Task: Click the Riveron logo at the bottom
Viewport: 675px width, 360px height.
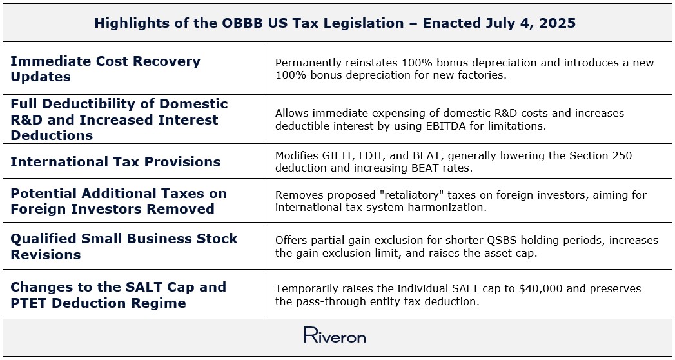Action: point(335,335)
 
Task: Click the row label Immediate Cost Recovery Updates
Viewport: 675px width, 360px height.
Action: point(106,69)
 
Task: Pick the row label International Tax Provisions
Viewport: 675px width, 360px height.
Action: point(115,162)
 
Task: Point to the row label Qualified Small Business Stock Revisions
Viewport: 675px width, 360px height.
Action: point(124,246)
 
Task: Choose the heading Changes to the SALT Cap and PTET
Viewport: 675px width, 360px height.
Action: point(118,295)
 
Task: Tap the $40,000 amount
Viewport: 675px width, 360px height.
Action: point(541,288)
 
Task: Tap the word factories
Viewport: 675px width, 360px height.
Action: point(493,75)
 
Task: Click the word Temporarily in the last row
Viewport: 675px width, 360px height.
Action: point(307,288)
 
